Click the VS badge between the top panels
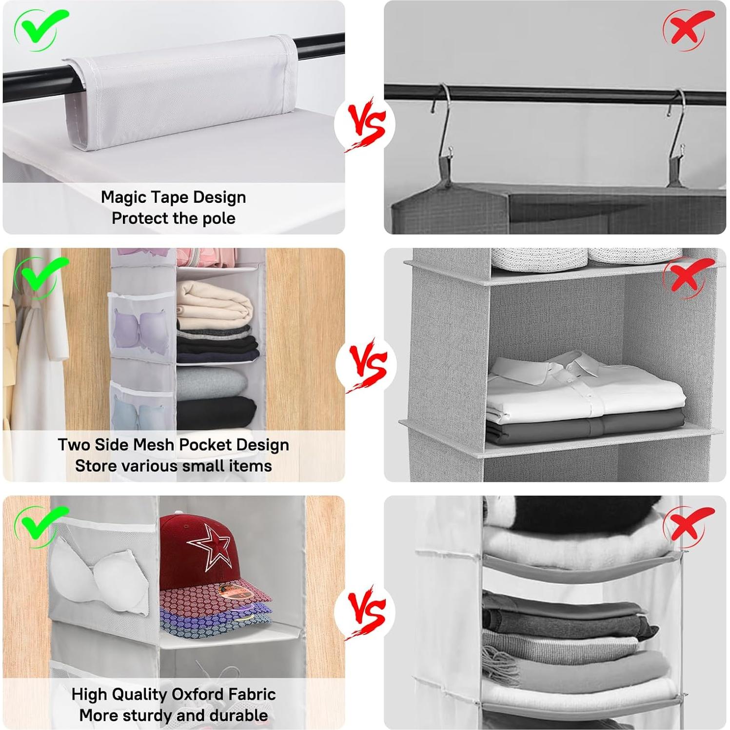coord(365,125)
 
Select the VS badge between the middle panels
coord(366,366)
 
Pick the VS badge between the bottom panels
coord(365,612)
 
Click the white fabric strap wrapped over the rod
coord(180,90)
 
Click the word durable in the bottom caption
coord(238,715)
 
